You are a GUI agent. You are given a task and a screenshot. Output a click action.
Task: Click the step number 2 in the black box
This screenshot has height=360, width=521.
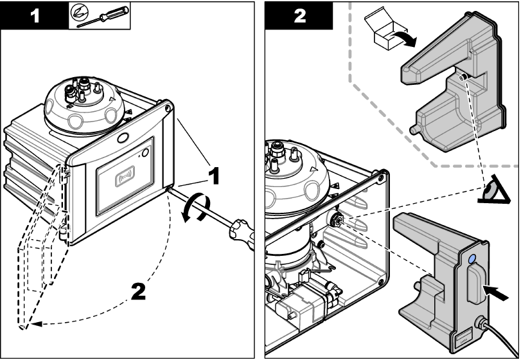tap(298, 15)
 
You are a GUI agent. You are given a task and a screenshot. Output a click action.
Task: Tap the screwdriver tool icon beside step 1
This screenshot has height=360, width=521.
tap(100, 15)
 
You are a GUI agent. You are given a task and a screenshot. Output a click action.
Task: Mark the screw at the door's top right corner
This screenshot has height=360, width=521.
tap(168, 109)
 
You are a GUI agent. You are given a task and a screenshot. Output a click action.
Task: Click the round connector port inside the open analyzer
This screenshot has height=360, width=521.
tap(335, 219)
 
